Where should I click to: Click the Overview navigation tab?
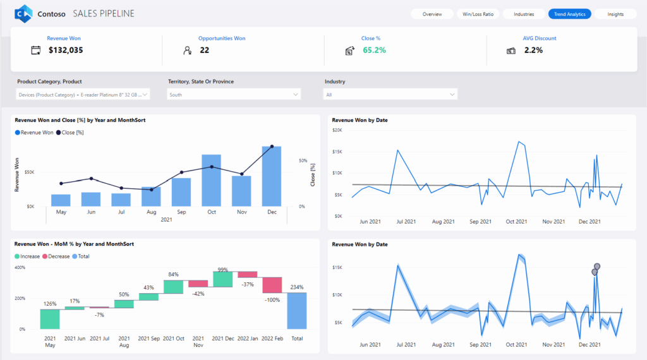click(x=432, y=14)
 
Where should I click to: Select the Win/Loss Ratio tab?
click(x=478, y=14)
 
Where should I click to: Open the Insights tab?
click(x=615, y=14)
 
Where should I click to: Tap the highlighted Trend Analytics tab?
click(x=569, y=14)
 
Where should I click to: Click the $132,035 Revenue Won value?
click(x=66, y=50)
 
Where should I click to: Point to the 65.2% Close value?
click(x=374, y=50)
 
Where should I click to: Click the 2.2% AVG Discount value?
click(x=533, y=50)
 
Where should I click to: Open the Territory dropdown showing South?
click(x=234, y=94)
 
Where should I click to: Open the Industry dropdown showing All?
click(x=390, y=94)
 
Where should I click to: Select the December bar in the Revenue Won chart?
click(x=272, y=177)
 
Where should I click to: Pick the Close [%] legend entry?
click(x=70, y=133)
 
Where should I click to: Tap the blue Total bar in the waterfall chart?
click(x=296, y=310)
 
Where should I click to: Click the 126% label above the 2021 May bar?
click(x=50, y=304)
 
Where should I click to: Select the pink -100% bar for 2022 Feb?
click(x=272, y=284)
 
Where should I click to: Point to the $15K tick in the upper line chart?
click(x=338, y=152)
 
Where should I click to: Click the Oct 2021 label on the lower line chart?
click(x=516, y=345)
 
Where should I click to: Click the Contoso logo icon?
click(x=23, y=13)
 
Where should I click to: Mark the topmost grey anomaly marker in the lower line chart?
click(x=597, y=267)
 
